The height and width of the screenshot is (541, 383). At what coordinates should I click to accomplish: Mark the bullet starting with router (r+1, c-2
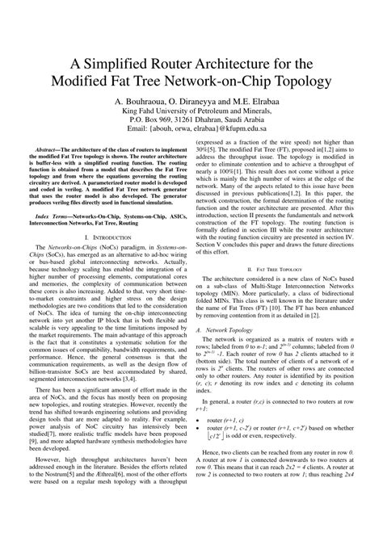point(213,430)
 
